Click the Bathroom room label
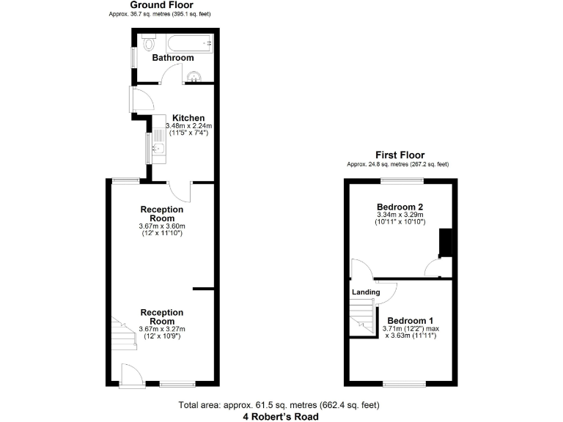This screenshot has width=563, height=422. tap(173, 58)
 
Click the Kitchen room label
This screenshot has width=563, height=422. tap(188, 118)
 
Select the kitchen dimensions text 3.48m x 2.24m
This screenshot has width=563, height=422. tap(188, 126)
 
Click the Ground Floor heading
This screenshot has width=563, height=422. tap(162, 5)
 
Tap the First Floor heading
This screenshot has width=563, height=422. tap(400, 155)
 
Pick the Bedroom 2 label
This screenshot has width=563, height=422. tap(400, 207)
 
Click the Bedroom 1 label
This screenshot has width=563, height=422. tap(411, 321)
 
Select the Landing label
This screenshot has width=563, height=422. tap(366, 292)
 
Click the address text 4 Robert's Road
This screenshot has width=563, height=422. tap(281, 416)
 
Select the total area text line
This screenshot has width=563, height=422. tap(281, 405)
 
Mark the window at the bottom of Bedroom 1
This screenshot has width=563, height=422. tap(403, 384)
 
